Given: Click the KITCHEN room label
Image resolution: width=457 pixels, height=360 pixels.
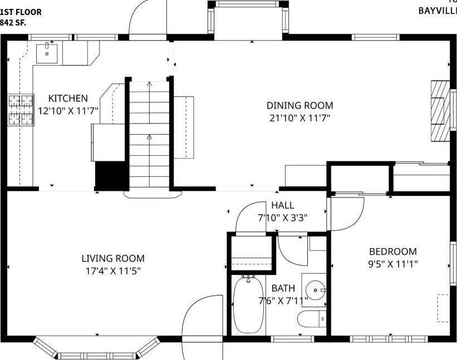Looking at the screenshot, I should pos(68,98).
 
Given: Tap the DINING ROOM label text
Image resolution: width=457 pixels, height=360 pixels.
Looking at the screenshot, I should pos(299,105).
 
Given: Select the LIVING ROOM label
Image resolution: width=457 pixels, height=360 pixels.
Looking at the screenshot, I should pos(113,258).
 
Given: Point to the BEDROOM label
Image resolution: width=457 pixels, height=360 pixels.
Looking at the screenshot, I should pos(392,251).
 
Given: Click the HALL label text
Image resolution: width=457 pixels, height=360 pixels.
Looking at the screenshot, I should pos(283,205).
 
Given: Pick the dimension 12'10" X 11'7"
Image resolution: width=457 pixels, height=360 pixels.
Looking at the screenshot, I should pos(68,111).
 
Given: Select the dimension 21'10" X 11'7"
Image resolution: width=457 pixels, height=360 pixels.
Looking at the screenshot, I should pos(299,117).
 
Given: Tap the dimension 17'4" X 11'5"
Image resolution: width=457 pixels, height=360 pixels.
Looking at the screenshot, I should pos(113,271).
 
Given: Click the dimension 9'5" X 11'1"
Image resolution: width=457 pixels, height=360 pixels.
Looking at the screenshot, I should pos(392,264).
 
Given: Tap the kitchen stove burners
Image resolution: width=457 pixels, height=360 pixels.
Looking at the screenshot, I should pos(21,110).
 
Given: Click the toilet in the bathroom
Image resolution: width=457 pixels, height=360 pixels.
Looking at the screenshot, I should pos(309,319).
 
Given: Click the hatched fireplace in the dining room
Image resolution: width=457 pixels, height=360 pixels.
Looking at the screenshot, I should pos(440,111).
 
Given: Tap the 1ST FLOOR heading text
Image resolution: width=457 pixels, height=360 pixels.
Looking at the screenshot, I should pos(21,12).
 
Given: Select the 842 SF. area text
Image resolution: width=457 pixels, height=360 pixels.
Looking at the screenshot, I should pos(13,23).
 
